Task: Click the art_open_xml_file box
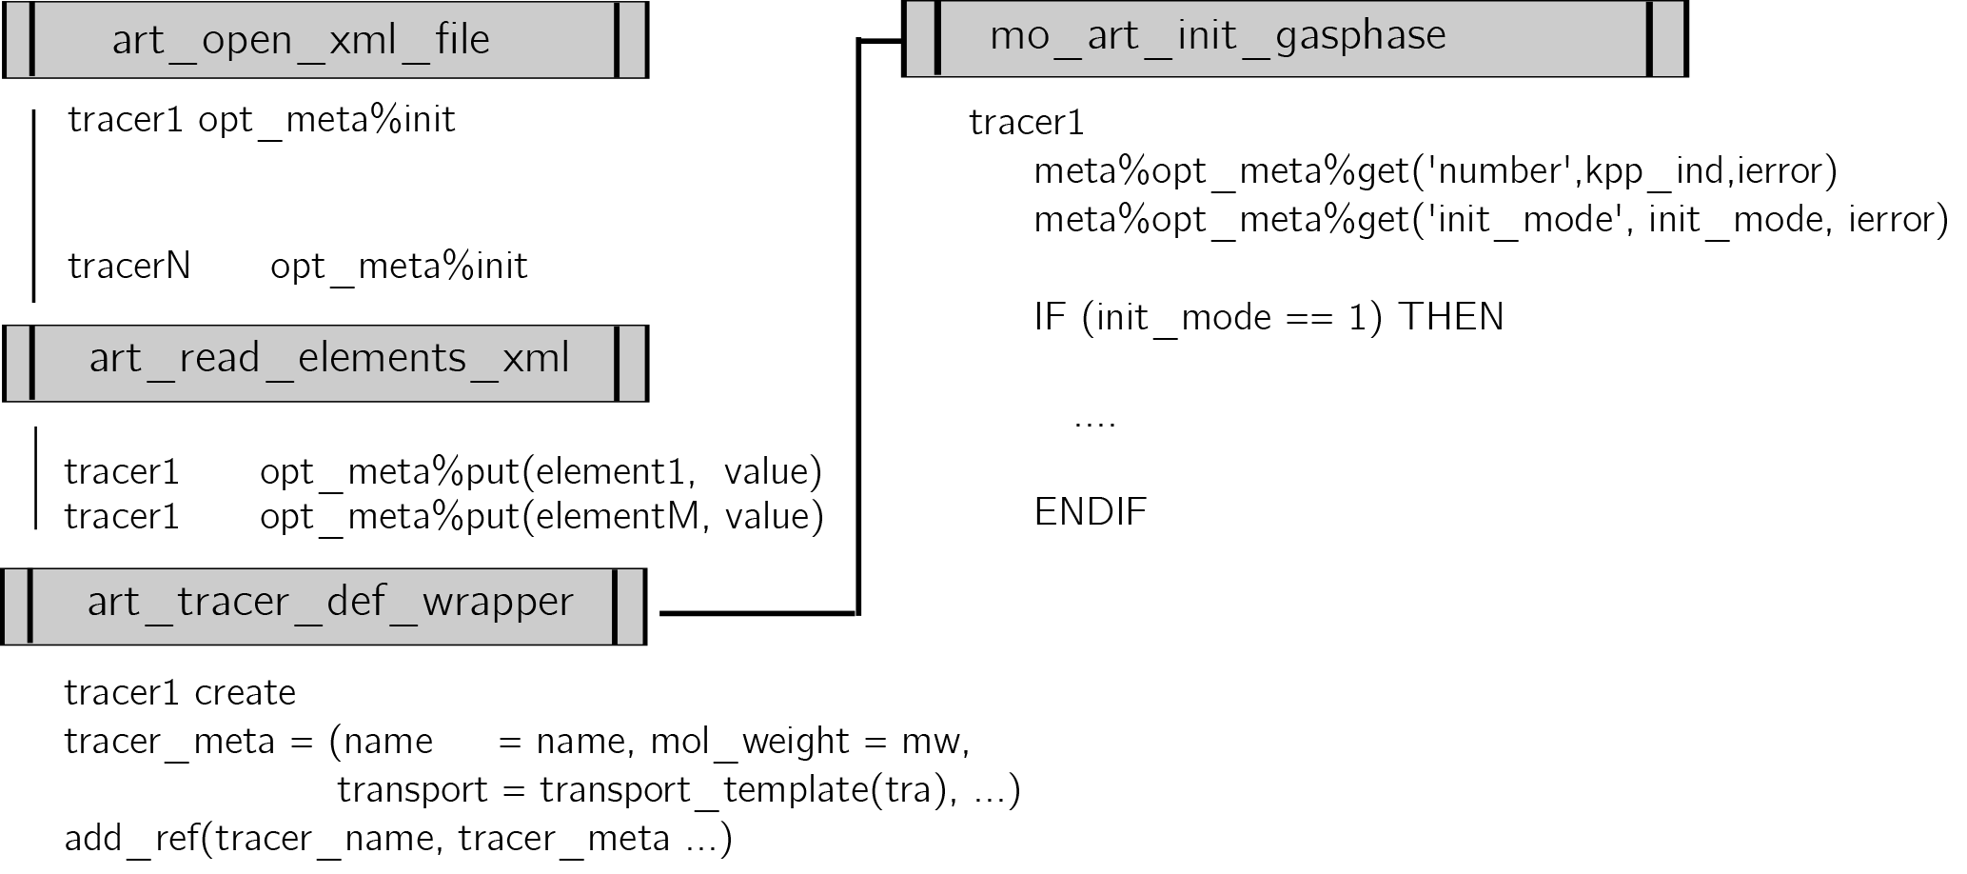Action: [325, 40]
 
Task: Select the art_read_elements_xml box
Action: [325, 362]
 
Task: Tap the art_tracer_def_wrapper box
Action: [324, 606]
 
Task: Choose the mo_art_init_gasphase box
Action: [1294, 39]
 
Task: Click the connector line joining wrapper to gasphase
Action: [858, 324]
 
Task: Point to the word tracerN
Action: [129, 266]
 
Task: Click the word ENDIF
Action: [1091, 512]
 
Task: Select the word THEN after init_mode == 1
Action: [1450, 317]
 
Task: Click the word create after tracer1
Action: [246, 692]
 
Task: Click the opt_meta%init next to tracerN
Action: [399, 266]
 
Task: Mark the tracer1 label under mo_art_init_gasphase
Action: [1026, 123]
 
